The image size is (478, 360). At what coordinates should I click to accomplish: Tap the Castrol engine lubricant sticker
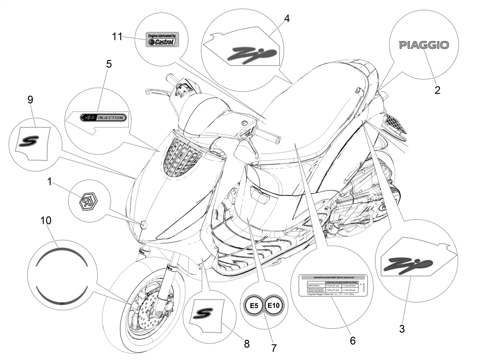pyautogui.click(x=161, y=39)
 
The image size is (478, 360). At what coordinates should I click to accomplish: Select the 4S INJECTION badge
pyautogui.click(x=103, y=117)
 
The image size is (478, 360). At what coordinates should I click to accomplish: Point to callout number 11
pyautogui.click(x=117, y=36)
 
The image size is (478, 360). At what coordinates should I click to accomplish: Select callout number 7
pyautogui.click(x=273, y=347)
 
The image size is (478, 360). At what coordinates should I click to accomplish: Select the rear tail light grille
pyautogui.click(x=395, y=121)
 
